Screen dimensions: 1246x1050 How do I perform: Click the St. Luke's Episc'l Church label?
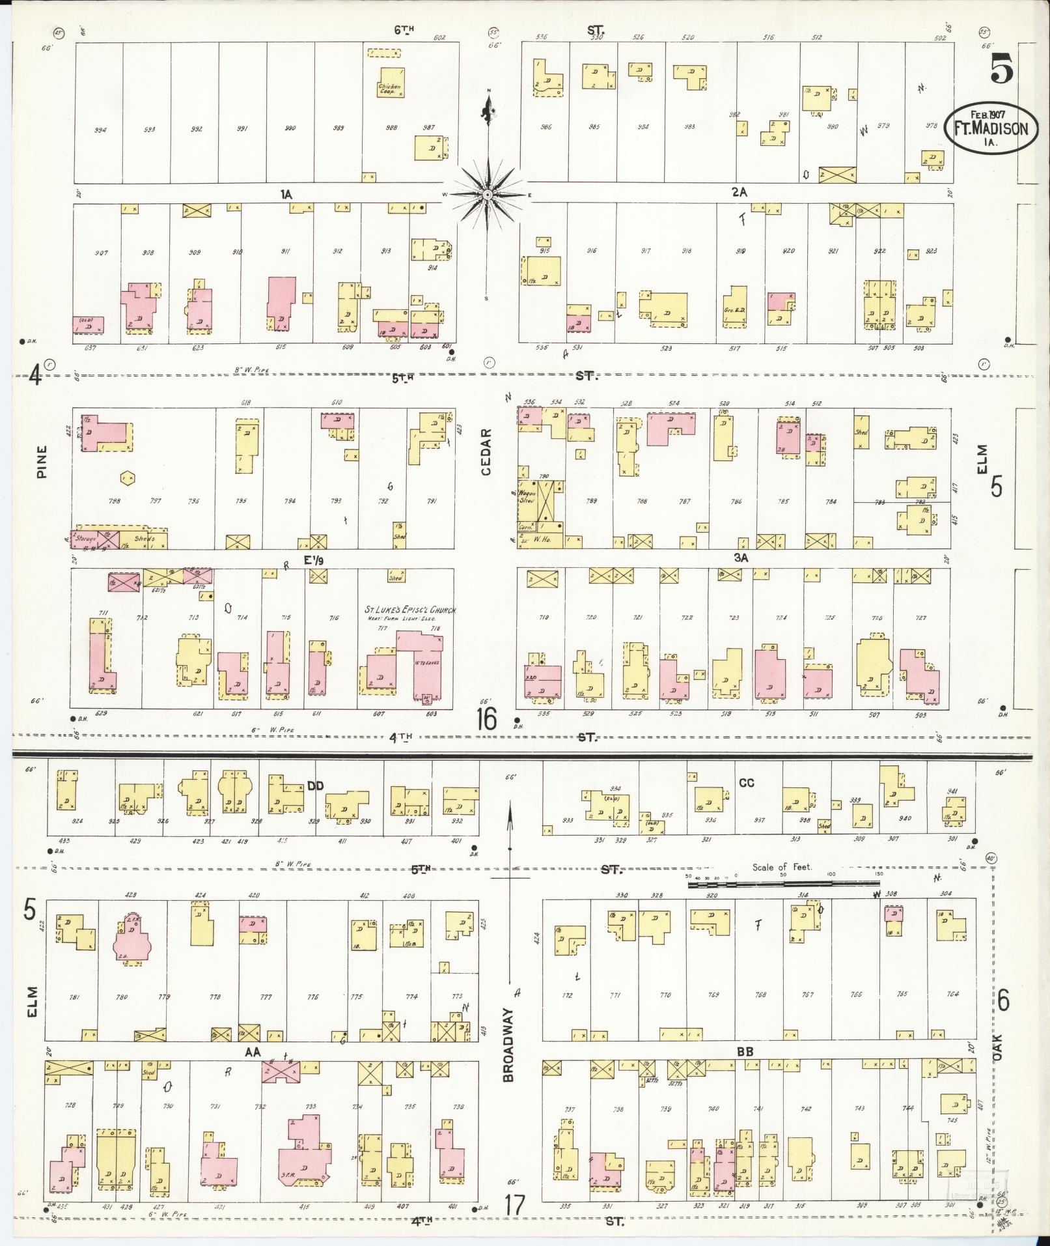coord(410,610)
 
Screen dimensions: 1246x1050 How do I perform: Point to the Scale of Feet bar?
coord(781,883)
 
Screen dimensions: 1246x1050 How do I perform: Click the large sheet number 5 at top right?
coord(1001,68)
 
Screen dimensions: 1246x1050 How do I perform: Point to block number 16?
coord(486,720)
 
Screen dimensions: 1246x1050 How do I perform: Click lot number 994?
coord(100,129)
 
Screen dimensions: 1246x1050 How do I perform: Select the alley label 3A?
coord(741,558)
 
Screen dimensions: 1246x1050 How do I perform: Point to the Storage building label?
coord(85,539)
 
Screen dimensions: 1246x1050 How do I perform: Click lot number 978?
coord(932,126)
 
